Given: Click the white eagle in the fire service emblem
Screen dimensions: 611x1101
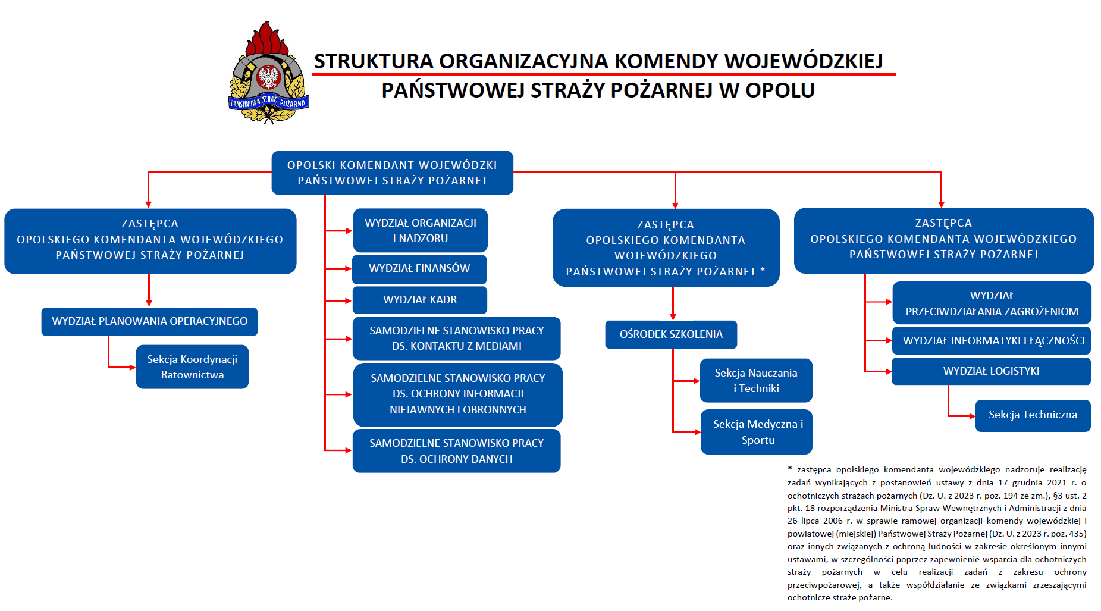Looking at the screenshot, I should coord(268,77).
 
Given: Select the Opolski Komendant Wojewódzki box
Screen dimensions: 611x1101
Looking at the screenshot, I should coord(392,173).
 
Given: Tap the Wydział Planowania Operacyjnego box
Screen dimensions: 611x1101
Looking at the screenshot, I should coord(149,321).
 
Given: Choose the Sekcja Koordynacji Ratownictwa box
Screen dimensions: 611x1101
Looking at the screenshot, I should coord(192,366).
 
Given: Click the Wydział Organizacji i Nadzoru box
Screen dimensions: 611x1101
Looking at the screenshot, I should coord(420,230).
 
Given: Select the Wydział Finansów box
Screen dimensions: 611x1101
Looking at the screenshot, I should coord(419,269).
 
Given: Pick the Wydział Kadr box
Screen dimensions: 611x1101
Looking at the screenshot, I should coord(419,300).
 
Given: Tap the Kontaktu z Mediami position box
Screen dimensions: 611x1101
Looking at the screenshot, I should coord(456,338).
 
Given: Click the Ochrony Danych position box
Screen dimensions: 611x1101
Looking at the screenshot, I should coord(456,451).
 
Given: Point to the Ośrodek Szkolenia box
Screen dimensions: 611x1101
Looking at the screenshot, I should coord(671,334).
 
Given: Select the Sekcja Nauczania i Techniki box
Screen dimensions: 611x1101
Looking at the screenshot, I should coord(755,380).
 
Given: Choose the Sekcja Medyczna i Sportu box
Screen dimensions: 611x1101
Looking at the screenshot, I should coord(757,432).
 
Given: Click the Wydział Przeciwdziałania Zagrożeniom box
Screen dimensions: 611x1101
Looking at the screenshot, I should coord(992,303).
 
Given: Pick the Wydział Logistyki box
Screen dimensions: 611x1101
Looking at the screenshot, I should coord(991,371).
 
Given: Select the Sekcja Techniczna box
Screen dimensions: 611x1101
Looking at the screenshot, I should coord(1033,415).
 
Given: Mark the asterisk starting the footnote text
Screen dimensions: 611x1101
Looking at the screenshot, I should coord(790,469).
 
